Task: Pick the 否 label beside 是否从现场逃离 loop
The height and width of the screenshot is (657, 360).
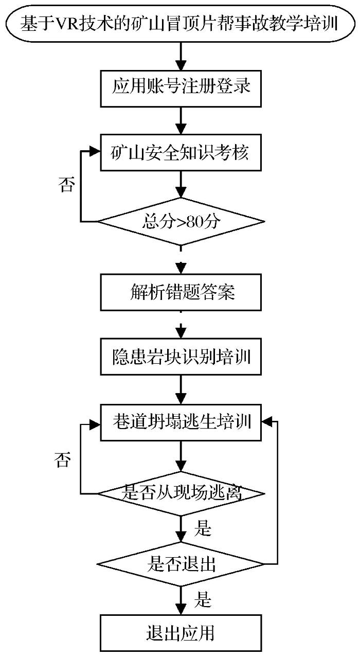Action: point(63,459)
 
